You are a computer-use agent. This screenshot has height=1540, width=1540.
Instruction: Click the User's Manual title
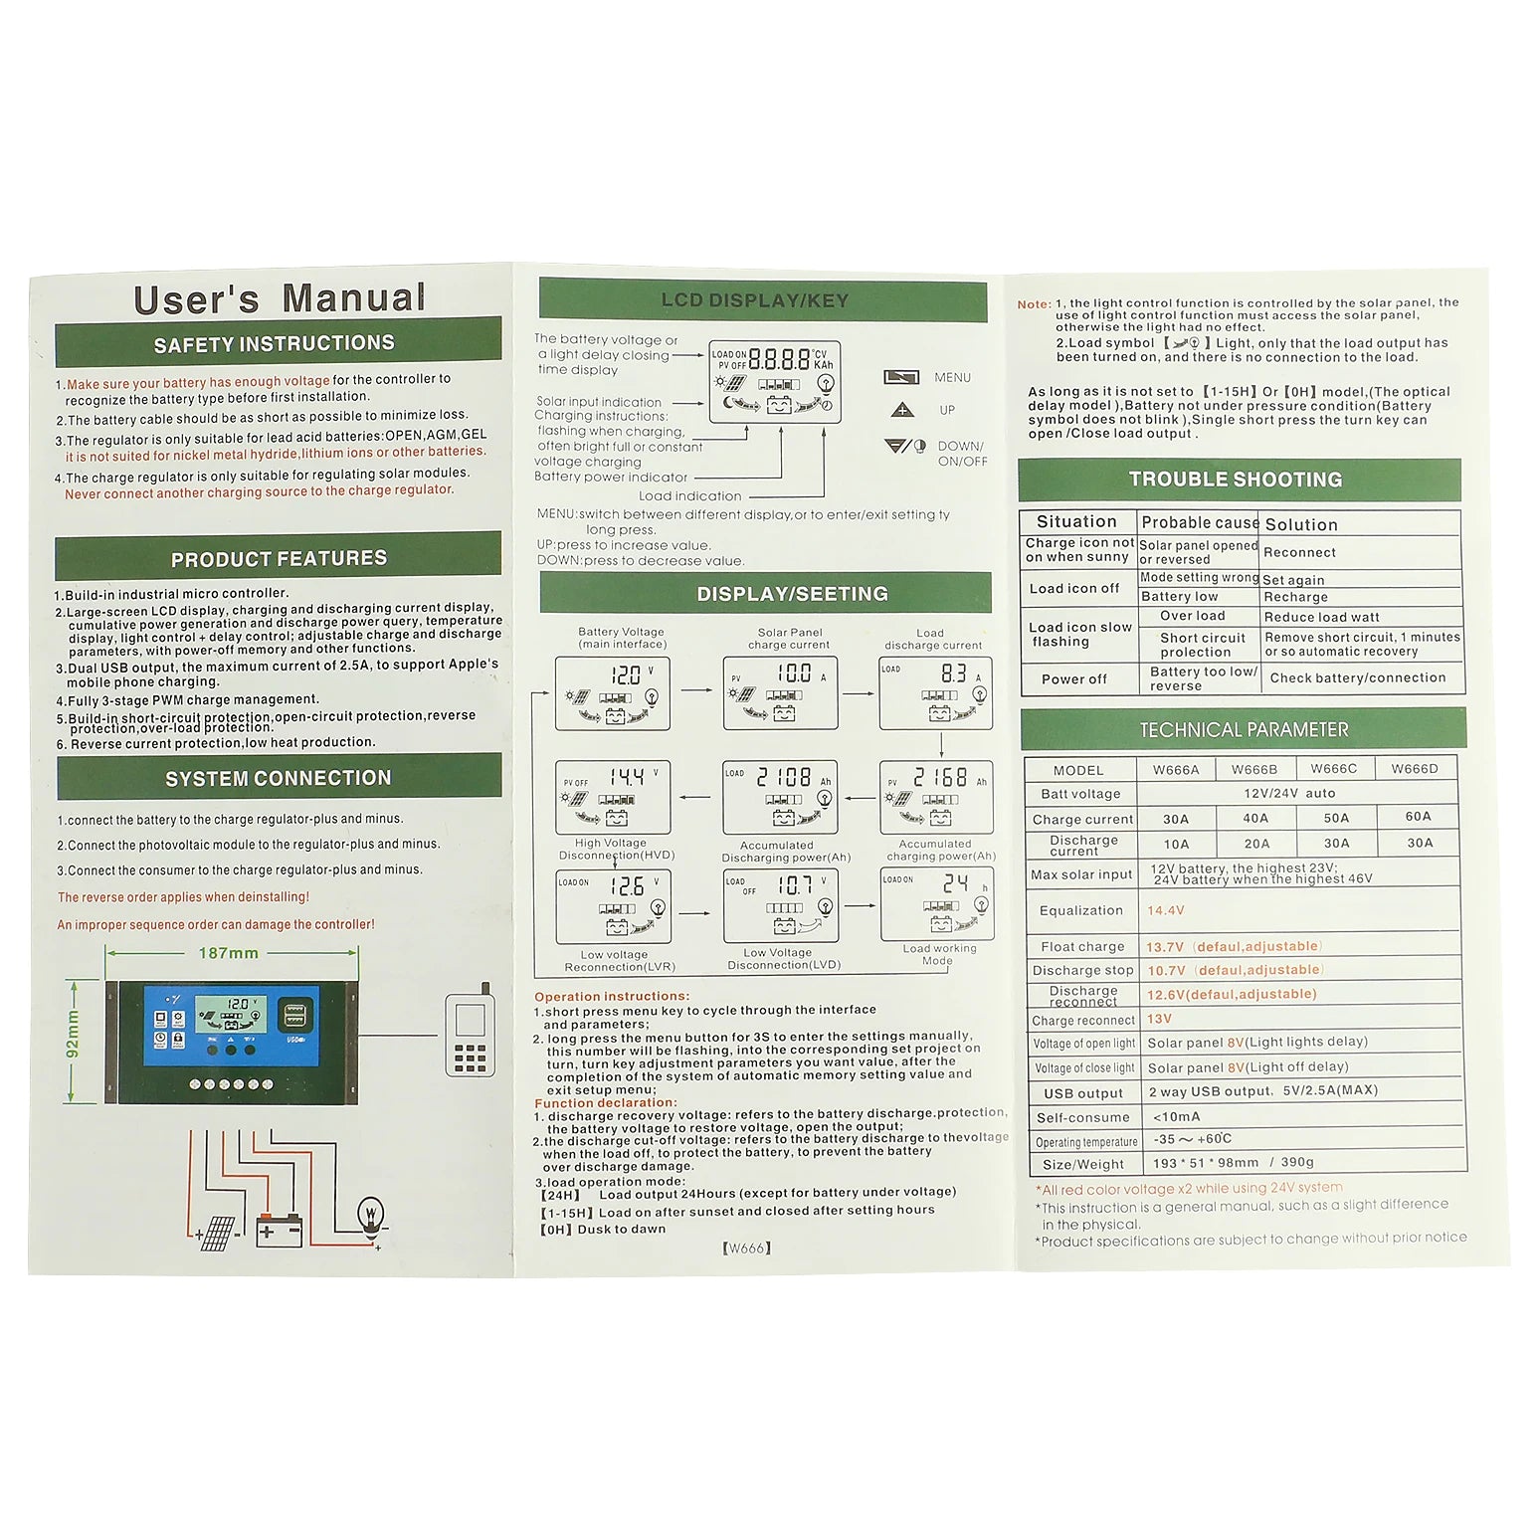pos(280,298)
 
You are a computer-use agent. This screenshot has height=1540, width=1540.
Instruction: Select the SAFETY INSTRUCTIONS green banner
pos(278,344)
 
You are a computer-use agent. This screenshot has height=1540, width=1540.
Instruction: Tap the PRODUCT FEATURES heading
pos(279,558)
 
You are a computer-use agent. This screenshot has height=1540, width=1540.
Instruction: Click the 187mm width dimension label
pos(229,953)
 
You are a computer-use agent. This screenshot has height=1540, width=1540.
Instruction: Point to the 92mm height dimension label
pos(73,1035)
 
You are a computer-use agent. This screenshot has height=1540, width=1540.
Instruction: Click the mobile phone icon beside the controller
pos(471,1035)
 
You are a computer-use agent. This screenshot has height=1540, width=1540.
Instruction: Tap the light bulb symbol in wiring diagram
pos(370,1215)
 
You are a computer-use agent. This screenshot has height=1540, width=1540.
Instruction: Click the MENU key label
pos(952,378)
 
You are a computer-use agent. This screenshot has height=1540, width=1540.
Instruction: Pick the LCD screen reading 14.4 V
pos(613,797)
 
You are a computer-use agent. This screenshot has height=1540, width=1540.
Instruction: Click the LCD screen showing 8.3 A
pos(936,693)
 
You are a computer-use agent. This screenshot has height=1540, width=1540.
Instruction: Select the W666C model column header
pos(1333,769)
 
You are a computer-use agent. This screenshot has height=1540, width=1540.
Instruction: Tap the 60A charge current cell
pos(1418,817)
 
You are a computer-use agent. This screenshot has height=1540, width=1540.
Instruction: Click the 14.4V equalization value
pos(1165,910)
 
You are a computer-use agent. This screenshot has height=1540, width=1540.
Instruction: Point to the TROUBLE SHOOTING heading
pos(1236,480)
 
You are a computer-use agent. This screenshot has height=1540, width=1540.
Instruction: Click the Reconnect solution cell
pos(1299,553)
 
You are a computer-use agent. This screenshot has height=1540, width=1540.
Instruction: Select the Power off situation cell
pos(1074,679)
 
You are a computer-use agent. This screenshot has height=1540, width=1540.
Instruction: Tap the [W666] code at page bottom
pos(746,1249)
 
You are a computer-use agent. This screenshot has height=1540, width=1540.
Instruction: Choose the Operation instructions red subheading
pos(612,997)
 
